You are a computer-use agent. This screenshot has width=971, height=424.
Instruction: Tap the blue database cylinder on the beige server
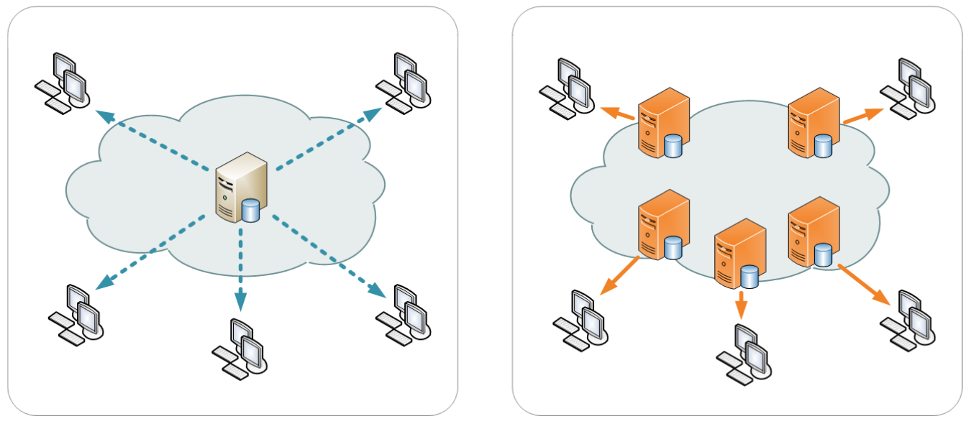[x=250, y=211]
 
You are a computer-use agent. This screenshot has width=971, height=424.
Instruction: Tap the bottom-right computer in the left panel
[x=404, y=314]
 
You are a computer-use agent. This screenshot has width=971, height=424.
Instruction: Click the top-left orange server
[x=662, y=122]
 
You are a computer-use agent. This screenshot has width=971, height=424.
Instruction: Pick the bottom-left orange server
[x=662, y=224]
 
